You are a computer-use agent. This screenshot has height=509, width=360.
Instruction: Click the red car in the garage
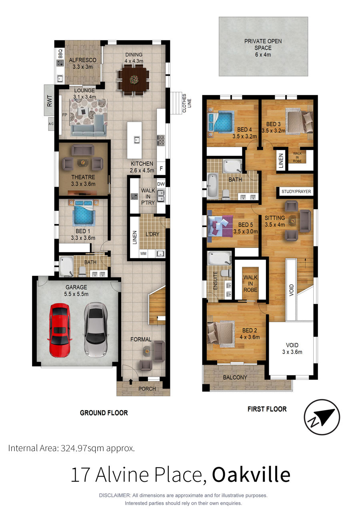click(59, 330)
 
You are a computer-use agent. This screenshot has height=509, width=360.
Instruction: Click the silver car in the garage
click(96, 328)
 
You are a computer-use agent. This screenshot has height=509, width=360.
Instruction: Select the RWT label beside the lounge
click(50, 101)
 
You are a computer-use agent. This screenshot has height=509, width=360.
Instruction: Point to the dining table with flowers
click(134, 80)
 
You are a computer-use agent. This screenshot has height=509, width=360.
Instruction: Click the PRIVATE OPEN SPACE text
click(263, 44)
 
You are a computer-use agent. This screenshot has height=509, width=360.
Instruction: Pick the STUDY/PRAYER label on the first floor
click(296, 192)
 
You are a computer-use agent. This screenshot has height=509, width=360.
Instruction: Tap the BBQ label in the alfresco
click(60, 54)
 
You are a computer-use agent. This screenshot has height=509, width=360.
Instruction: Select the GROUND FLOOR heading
click(104, 413)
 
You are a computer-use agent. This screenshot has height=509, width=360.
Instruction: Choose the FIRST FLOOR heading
click(267, 409)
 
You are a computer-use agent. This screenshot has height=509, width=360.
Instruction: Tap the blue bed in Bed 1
click(84, 214)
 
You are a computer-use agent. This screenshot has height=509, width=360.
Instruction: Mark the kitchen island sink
click(136, 140)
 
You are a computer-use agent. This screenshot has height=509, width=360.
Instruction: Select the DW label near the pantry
click(161, 184)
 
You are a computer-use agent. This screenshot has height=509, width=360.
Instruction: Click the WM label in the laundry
click(143, 254)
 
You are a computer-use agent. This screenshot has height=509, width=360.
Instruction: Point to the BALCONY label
click(235, 377)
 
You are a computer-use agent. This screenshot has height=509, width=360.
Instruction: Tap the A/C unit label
click(51, 124)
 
